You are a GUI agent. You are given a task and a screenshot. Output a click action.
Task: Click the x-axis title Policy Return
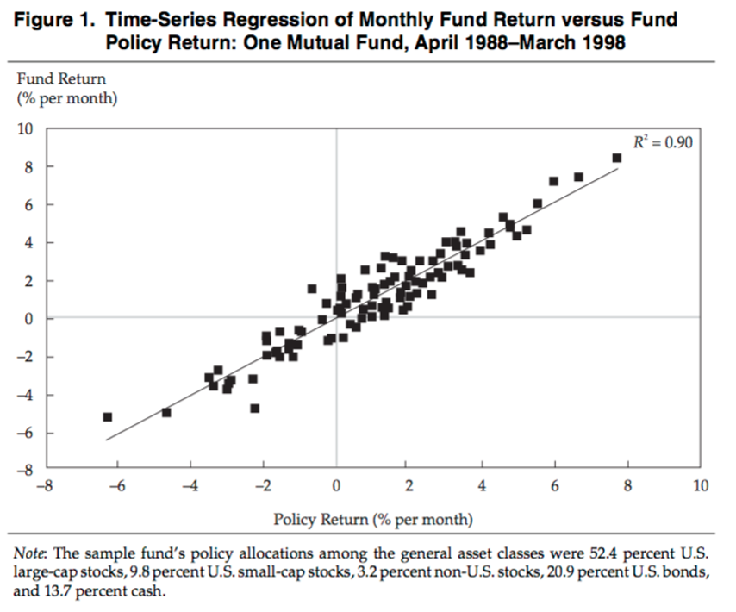(372, 519)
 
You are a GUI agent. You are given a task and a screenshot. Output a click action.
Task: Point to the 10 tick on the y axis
(25, 129)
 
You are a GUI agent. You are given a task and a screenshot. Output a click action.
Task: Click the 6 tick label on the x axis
(554, 486)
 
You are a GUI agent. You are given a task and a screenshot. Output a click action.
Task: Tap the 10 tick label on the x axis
(700, 486)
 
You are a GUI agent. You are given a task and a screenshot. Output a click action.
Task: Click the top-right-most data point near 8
(616, 158)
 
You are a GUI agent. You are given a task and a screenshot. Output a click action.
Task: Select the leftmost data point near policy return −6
(108, 416)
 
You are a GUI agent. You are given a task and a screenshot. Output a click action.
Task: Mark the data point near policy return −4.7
(166, 412)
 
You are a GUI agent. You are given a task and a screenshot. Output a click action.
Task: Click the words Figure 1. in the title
(53, 19)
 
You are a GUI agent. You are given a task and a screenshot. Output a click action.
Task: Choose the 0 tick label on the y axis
(28, 319)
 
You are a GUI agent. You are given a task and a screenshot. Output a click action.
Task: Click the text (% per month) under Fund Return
(66, 97)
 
